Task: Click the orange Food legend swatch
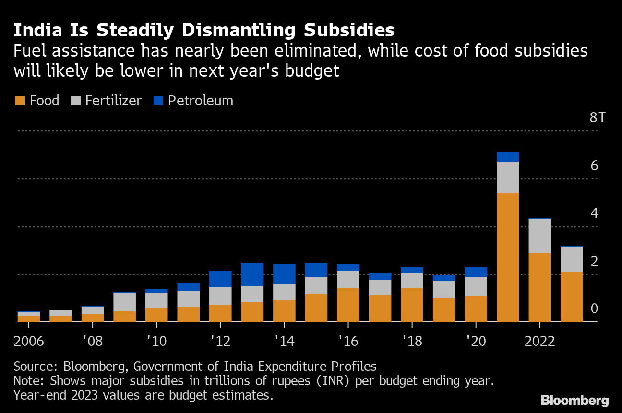pyautogui.click(x=20, y=101)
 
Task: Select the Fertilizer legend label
pyautogui.click(x=113, y=101)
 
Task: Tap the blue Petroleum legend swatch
pyautogui.click(x=159, y=101)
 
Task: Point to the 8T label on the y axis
pyautogui.click(x=597, y=118)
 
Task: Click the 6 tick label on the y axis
pyautogui.click(x=594, y=166)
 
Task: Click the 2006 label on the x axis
pyautogui.click(x=29, y=341)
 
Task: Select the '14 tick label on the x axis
pyautogui.click(x=284, y=341)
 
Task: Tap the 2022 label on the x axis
pyautogui.click(x=539, y=341)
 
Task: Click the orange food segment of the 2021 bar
pyautogui.click(x=508, y=257)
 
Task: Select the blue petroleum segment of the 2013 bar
pyautogui.click(x=252, y=274)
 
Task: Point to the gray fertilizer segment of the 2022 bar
pyautogui.click(x=540, y=236)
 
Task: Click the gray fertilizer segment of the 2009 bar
pyautogui.click(x=124, y=302)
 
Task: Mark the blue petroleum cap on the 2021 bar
pyautogui.click(x=508, y=157)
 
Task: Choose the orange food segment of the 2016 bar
pyautogui.click(x=348, y=305)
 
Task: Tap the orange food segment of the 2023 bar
pyautogui.click(x=572, y=297)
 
